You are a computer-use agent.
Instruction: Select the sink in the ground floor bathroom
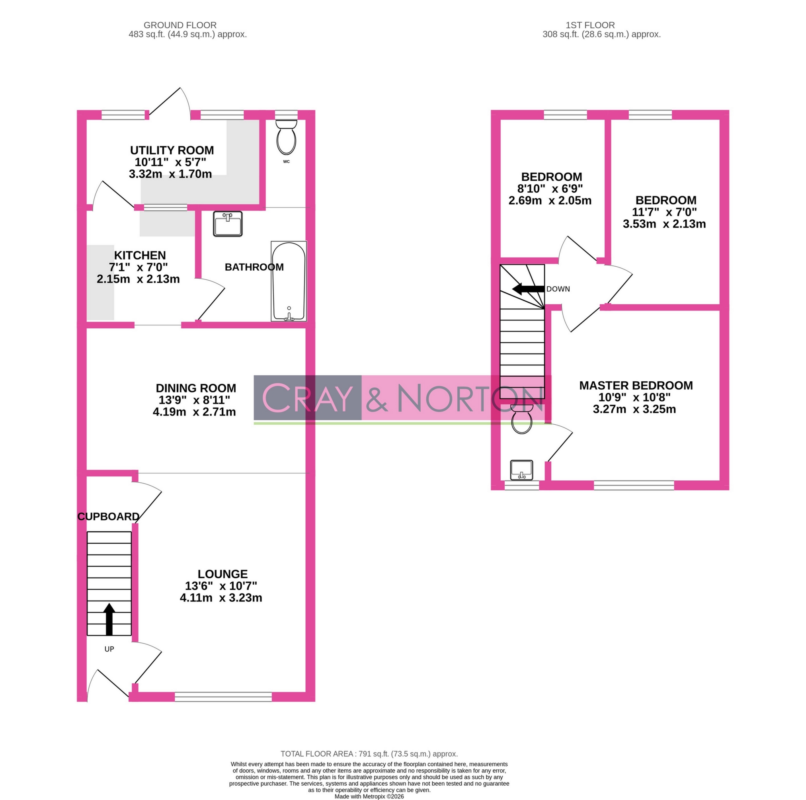click(228, 224)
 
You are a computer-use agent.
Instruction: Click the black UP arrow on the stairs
click(109, 619)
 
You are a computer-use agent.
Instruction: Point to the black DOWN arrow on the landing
click(528, 289)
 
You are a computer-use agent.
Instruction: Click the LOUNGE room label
click(222, 574)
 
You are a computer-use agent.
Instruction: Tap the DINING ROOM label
click(196, 388)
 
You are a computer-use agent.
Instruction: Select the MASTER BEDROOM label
click(636, 385)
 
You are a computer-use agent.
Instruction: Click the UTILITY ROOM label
click(172, 150)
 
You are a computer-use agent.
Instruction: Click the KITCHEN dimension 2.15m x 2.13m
click(138, 279)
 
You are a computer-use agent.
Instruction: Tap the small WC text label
click(286, 162)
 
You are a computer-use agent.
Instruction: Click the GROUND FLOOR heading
click(180, 25)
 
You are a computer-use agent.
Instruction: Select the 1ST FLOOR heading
click(590, 25)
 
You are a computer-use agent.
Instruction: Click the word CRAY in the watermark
click(307, 398)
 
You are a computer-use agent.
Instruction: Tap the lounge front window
click(223, 696)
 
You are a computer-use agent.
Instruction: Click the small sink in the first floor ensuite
click(521, 470)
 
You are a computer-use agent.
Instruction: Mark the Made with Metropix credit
click(369, 796)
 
